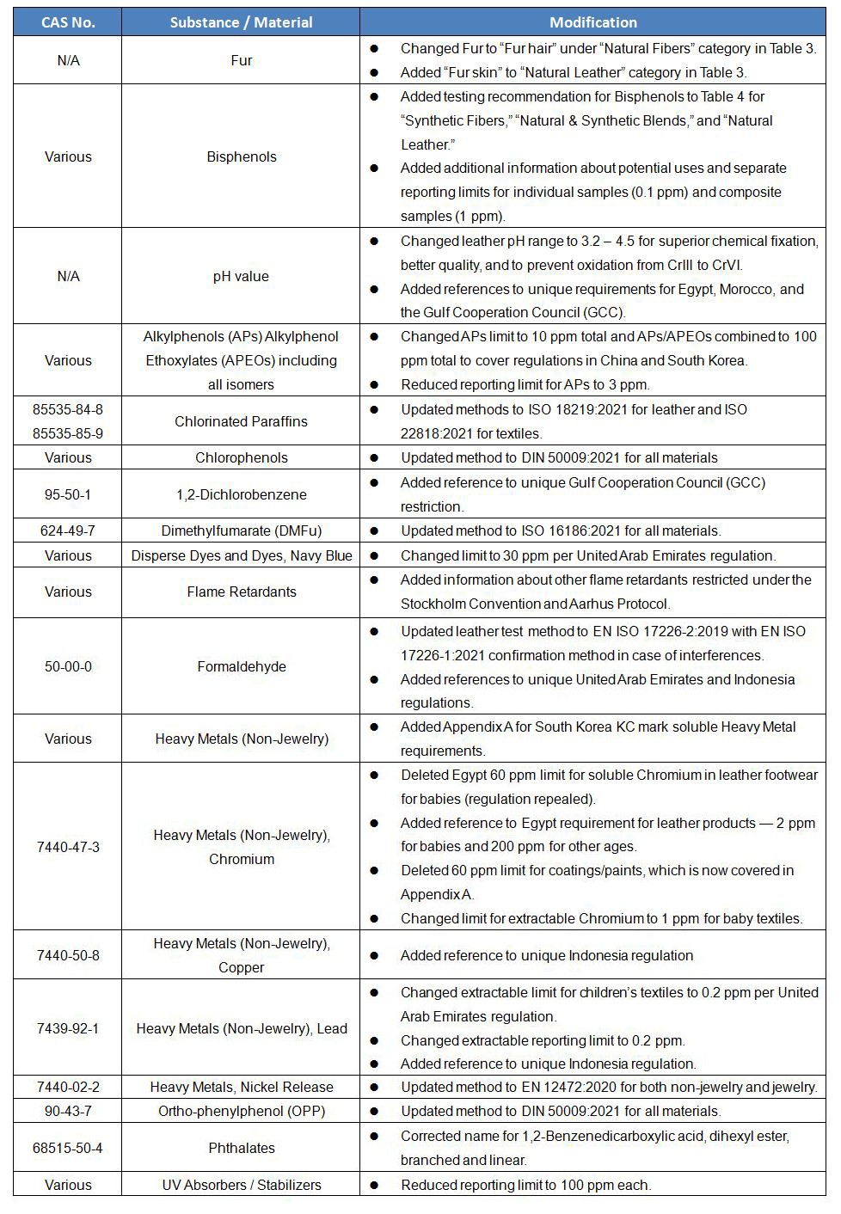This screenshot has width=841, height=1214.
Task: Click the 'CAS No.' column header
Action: point(68,22)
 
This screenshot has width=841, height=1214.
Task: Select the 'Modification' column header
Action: point(592,22)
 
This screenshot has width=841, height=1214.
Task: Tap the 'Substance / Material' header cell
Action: point(241,22)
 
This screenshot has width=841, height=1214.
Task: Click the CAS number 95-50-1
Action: point(68,494)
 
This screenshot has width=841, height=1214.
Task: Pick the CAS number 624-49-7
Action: point(68,530)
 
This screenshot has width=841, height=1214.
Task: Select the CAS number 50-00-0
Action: point(68,666)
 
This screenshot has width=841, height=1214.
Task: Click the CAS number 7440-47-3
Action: point(68,847)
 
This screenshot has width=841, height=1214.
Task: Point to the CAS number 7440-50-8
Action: point(68,955)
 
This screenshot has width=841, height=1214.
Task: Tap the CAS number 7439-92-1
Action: point(68,1028)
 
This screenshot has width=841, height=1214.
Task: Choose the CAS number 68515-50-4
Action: point(68,1148)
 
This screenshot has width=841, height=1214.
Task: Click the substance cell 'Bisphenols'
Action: point(242,156)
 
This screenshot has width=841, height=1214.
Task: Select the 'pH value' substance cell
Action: point(241,276)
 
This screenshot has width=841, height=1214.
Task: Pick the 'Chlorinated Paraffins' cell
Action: point(241,421)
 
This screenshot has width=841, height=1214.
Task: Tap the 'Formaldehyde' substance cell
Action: point(242,666)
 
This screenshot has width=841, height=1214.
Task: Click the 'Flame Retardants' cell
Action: point(242,592)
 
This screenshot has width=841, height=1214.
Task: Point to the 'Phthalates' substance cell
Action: point(242,1148)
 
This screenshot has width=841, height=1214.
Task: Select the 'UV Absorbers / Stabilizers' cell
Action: point(242,1185)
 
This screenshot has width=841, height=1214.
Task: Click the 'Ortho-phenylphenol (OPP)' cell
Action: point(242,1111)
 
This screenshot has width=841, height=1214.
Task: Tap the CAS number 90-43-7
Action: point(68,1111)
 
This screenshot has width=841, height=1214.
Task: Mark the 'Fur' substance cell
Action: point(242,60)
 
